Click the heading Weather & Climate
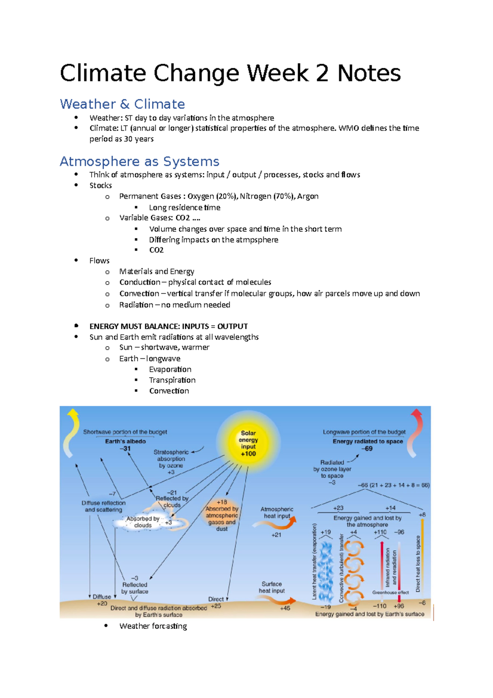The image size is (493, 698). pos(122,104)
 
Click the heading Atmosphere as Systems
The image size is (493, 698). pos(139,161)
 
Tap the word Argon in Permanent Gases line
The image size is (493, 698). pos(308,196)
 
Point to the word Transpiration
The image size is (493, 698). pos(172,380)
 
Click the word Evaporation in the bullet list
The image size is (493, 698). pos(170,369)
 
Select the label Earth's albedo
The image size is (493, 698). pos(125,441)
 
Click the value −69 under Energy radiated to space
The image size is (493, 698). pos(367,448)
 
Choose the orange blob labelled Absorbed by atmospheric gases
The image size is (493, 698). pos(222,516)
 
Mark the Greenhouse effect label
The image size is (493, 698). pos(390,592)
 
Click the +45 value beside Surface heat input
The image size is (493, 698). pos(285,608)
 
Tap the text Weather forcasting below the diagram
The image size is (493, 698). pos(153,626)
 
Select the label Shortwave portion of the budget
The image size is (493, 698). pos(125,432)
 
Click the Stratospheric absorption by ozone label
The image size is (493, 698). pos(171,459)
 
